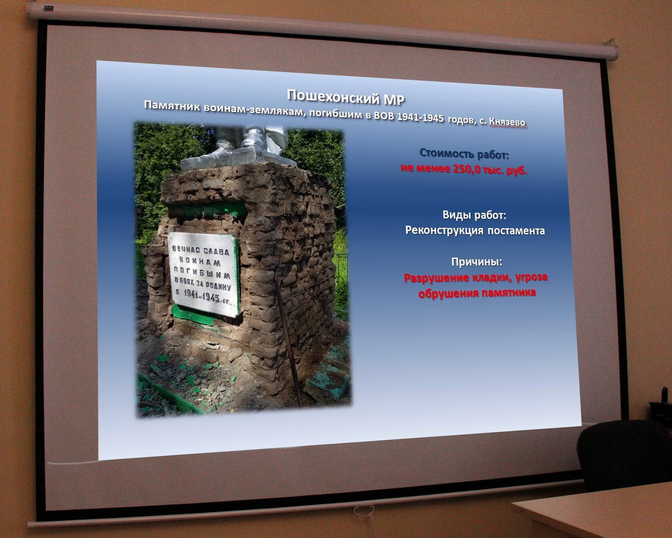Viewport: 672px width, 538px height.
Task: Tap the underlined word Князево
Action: pos(507,122)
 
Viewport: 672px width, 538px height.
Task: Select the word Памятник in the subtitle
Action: pos(172,106)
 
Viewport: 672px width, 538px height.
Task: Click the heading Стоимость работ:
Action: pos(464,153)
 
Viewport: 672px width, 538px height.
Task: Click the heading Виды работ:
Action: pos(474,215)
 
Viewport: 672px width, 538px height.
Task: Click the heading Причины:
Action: pos(477,262)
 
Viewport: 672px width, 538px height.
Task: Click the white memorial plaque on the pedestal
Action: pos(204,274)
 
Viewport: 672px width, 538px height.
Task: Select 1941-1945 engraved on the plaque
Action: pos(202,295)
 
